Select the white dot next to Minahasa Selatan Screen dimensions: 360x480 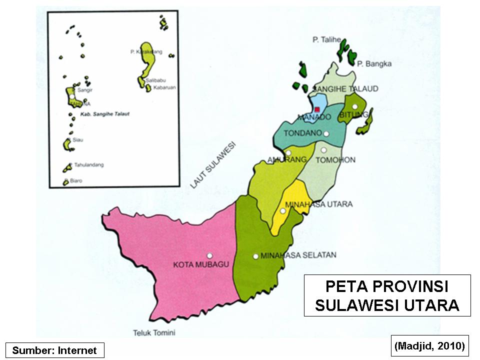click(x=255, y=256)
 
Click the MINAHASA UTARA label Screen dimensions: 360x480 click(x=318, y=204)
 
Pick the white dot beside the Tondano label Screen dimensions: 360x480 click(x=326, y=133)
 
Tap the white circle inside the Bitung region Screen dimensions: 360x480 click(x=354, y=106)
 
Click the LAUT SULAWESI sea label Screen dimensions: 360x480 click(x=213, y=165)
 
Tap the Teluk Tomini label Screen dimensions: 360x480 click(x=154, y=332)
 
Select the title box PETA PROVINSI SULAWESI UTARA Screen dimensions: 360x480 click(x=387, y=295)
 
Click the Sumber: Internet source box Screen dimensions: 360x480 click(x=54, y=350)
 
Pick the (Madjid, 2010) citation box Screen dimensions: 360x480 click(x=429, y=345)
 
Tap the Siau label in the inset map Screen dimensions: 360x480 click(x=77, y=140)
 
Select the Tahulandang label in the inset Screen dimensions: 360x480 click(x=85, y=164)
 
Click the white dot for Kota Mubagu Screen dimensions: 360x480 click(x=209, y=254)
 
